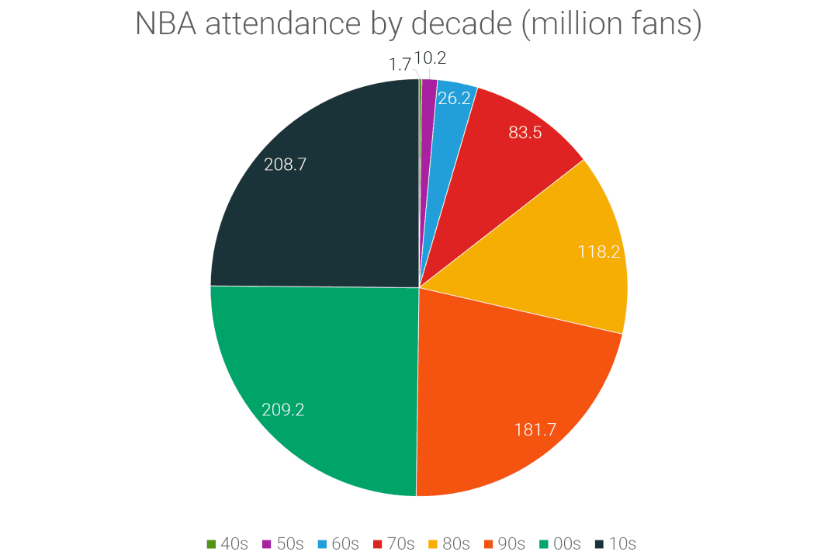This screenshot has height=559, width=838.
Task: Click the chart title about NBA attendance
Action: click(x=419, y=24)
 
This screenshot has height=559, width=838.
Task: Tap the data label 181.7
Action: click(x=535, y=429)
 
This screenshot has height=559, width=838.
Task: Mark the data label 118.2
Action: click(x=599, y=252)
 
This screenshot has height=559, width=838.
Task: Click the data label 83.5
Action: click(x=525, y=132)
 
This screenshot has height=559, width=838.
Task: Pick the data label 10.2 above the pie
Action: click(x=431, y=57)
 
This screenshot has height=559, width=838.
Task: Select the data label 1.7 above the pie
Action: click(x=400, y=65)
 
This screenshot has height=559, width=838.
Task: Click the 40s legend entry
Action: click(x=227, y=543)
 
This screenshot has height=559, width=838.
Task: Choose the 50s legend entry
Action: click(x=282, y=543)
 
